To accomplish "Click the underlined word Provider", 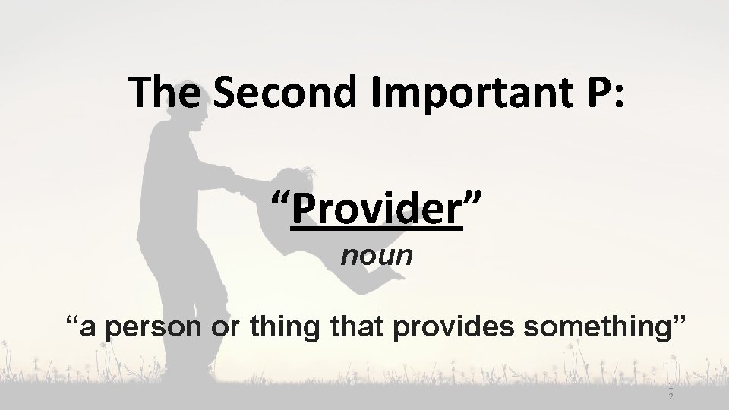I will coord(377,208).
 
